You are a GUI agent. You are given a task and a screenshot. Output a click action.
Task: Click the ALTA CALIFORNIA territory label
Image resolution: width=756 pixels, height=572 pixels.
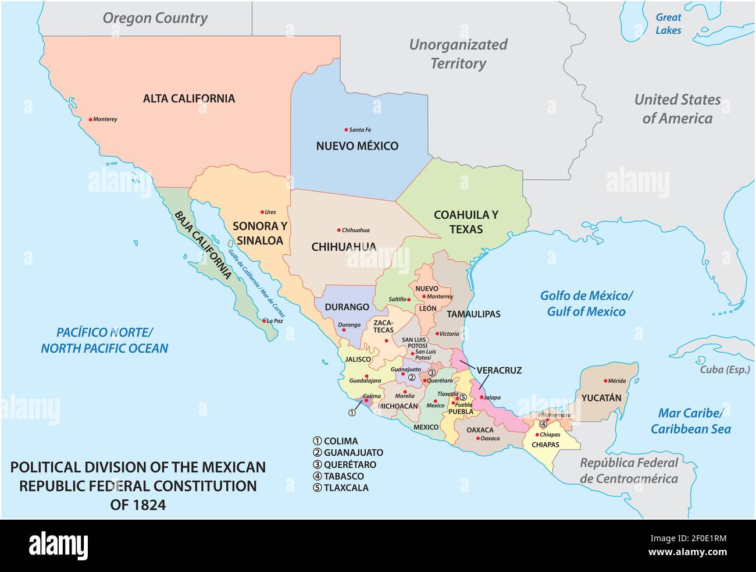[x=189, y=98]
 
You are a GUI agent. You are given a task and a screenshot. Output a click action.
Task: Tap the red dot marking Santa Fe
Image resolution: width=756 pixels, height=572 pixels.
[x=345, y=129]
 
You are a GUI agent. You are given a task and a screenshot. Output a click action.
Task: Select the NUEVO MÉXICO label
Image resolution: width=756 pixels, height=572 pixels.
[x=357, y=146]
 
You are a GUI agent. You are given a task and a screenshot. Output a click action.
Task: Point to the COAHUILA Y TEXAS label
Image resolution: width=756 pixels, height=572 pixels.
[x=466, y=222]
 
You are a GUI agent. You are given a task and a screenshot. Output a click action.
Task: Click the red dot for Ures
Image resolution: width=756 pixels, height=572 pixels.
[x=261, y=212]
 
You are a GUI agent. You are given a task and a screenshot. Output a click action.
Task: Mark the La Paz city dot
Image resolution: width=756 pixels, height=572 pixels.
[x=263, y=321]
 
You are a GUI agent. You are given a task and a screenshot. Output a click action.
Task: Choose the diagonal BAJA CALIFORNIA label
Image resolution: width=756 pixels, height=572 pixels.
[x=202, y=245]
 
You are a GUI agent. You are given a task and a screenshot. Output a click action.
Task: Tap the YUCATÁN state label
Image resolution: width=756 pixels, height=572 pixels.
[x=601, y=398]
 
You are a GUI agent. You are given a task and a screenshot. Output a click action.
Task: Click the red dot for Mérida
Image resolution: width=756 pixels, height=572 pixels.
[x=604, y=381]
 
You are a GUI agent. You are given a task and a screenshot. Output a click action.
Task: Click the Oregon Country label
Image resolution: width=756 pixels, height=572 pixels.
[x=155, y=18]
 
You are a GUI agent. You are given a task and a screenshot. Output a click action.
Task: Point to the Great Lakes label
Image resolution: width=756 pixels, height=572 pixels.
[x=668, y=24]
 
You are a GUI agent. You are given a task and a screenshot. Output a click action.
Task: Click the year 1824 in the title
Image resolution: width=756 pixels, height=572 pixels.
[x=138, y=505]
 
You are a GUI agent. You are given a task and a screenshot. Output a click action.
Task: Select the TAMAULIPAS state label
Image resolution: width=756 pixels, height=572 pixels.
[x=473, y=314]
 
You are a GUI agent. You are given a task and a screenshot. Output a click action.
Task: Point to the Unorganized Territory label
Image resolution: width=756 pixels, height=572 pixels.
[x=458, y=54]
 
